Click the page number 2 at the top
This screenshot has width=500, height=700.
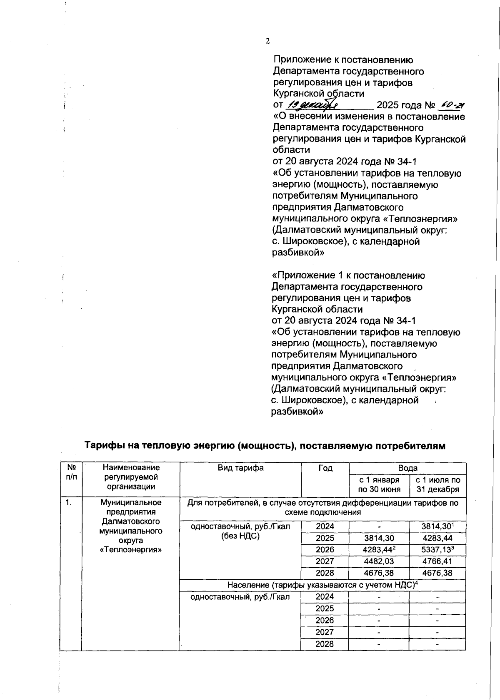[x=267, y=41]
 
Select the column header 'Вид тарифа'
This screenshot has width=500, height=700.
[x=240, y=468]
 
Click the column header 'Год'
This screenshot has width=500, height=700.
[x=325, y=468]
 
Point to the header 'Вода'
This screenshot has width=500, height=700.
[x=407, y=468]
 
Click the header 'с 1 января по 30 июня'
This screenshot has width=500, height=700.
[x=379, y=485]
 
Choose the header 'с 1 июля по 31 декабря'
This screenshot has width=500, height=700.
[x=437, y=485]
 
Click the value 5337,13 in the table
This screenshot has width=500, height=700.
[x=436, y=550]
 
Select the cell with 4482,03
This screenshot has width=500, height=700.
[x=379, y=561]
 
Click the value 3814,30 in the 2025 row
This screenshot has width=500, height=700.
[x=379, y=538]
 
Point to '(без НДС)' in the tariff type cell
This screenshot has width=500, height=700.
[x=240, y=536]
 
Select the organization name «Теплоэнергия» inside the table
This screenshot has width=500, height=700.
[x=130, y=550]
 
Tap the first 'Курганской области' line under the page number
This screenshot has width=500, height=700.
[x=318, y=94]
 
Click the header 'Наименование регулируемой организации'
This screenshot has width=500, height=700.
[x=131, y=477]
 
